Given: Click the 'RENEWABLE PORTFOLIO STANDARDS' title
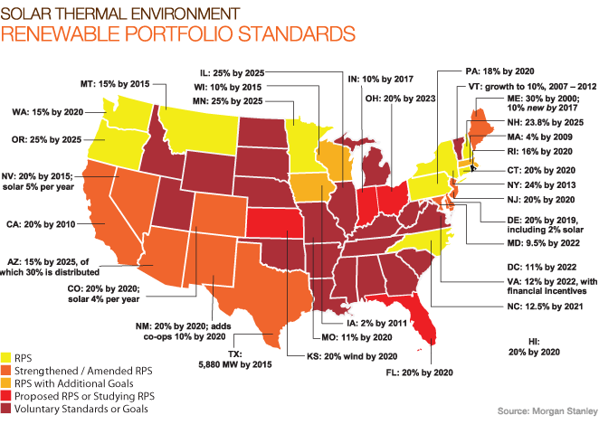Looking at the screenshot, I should (x=177, y=34).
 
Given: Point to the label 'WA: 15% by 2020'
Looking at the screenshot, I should (x=53, y=113).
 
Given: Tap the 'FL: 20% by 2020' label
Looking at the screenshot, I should (x=390, y=371).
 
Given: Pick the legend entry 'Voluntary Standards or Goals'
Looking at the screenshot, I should (x=81, y=410).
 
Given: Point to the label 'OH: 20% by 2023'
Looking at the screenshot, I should (x=391, y=99).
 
